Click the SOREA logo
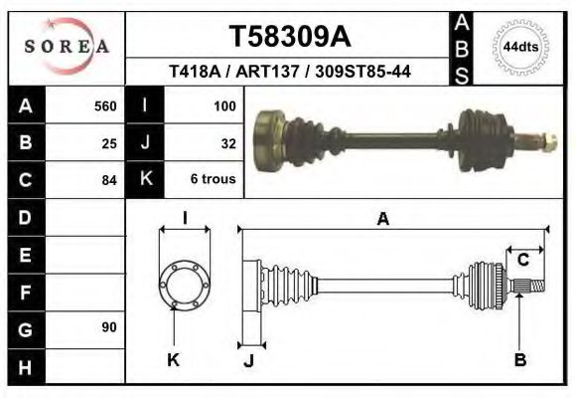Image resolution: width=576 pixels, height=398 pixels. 67,47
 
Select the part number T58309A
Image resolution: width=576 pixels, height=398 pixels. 289,37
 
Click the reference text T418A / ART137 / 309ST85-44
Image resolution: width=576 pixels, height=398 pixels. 289,72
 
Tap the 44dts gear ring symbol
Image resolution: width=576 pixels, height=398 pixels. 521,47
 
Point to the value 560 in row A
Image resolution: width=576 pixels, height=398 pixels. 105,105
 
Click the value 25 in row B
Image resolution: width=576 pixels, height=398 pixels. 109,142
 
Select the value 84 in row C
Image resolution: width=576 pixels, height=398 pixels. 109,180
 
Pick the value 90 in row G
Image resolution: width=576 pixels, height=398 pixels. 108,327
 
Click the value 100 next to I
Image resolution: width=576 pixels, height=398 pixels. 223,105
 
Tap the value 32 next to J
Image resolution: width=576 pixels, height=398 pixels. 227,142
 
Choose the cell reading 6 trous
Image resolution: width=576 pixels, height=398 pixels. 213,180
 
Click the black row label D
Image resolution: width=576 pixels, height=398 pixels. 25,217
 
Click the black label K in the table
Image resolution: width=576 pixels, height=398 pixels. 145,180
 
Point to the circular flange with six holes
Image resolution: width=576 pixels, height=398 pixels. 185,284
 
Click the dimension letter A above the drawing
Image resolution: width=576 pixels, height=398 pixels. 382,221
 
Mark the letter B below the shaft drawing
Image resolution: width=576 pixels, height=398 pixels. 519,360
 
